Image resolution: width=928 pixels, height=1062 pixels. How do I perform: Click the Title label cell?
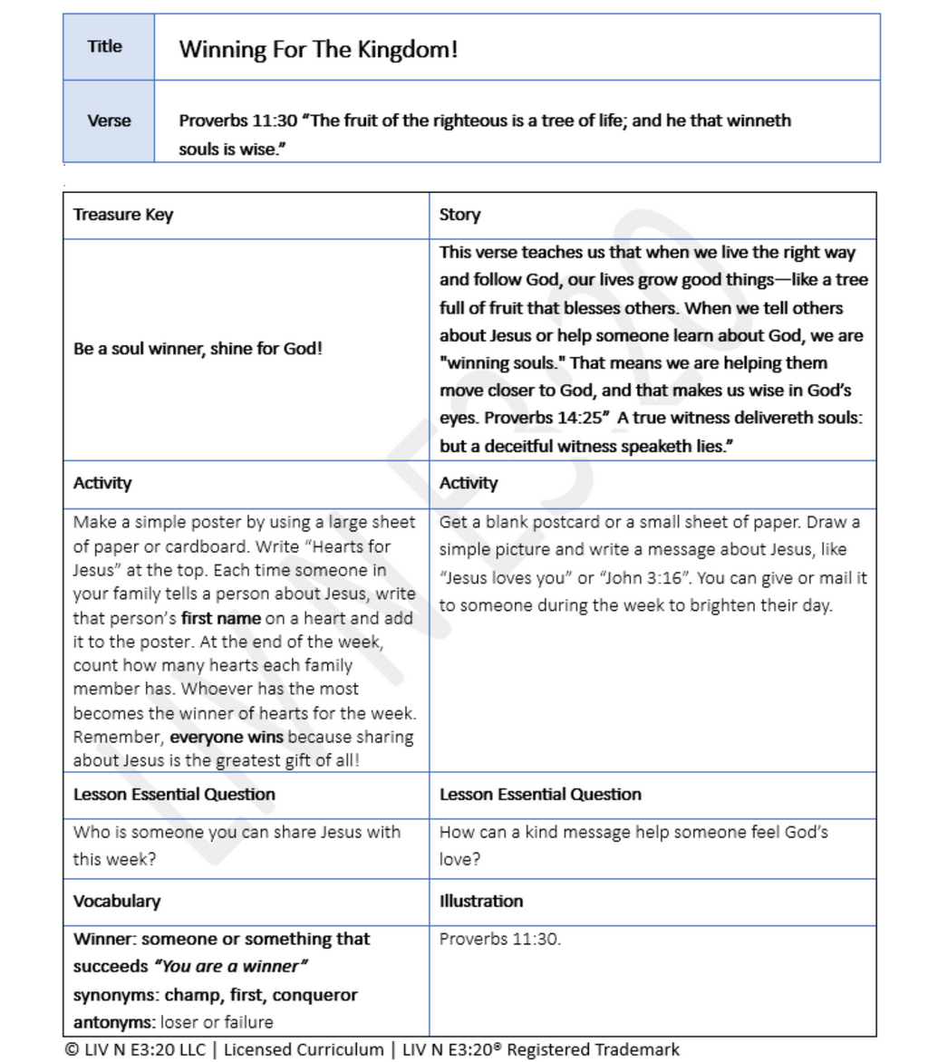coord(105,47)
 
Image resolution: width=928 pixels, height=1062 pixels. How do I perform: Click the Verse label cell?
coord(109,121)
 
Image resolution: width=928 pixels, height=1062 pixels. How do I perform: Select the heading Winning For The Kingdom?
coord(318,49)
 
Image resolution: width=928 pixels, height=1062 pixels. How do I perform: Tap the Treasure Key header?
coord(123,216)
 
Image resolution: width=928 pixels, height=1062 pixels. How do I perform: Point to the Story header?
coord(459,216)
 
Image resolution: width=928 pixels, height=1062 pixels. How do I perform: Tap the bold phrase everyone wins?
coord(214,737)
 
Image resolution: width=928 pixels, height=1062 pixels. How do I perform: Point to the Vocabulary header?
coord(117,902)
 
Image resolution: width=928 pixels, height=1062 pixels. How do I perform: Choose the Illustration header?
coord(480,902)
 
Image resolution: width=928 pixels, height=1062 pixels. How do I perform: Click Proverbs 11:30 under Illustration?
coord(499,939)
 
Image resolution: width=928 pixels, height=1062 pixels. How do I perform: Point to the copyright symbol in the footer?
coord(71,1050)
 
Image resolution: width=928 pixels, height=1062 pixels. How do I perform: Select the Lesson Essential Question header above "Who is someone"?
coord(174,795)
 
